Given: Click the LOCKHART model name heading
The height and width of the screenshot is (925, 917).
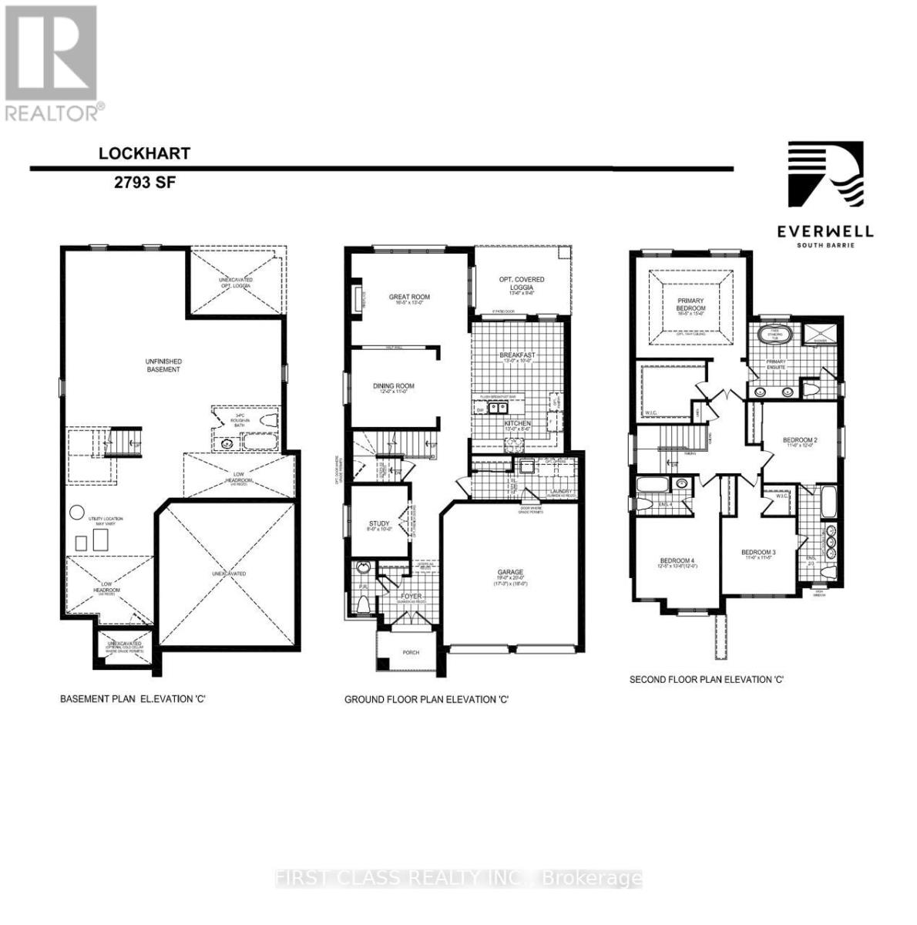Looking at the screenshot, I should tap(144, 153).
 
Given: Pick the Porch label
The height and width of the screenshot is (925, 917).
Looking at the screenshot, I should tap(411, 652).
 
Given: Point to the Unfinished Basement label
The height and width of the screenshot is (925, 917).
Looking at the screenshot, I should tap(163, 365).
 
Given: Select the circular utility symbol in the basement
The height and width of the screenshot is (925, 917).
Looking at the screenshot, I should tap(76, 512).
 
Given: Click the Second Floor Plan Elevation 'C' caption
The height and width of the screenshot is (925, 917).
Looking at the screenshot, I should tap(706, 680).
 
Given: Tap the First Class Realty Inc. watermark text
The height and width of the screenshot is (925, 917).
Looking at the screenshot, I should tap(458, 878).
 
